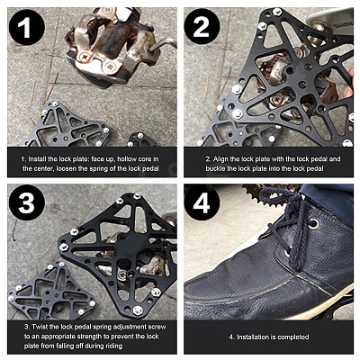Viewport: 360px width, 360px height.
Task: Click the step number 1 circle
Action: pyautogui.click(x=26, y=27)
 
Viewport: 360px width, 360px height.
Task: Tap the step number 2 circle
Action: pyautogui.click(x=202, y=27)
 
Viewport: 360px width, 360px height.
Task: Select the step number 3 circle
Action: pyautogui.click(x=26, y=202)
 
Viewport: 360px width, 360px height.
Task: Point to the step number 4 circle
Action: pyautogui.click(x=202, y=202)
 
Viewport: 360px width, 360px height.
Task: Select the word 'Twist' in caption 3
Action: pyautogui.click(x=39, y=327)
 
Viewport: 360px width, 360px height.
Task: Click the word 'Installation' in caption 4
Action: pyautogui.click(x=253, y=337)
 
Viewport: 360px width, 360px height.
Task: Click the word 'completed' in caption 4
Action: pyautogui.click(x=292, y=337)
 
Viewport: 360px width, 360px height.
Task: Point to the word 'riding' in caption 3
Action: pyautogui.click(x=113, y=346)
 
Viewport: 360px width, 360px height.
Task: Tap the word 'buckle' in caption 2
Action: pyautogui.click(x=215, y=168)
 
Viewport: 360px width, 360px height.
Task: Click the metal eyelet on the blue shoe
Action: pyautogui.click(x=313, y=223)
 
